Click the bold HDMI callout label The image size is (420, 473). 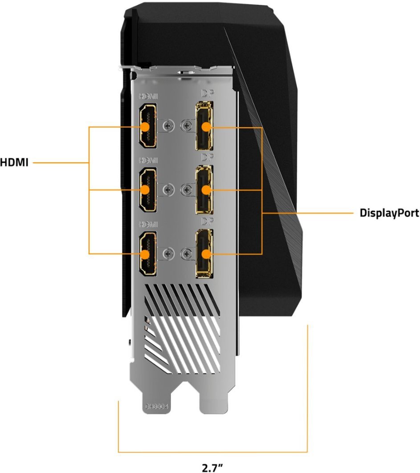pos(14,163)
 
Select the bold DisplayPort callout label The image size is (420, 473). pos(389,213)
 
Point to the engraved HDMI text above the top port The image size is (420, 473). pos(149,96)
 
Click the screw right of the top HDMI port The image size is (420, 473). pos(168,126)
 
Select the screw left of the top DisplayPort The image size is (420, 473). pos(184,126)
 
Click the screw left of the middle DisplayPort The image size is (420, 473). pos(184,190)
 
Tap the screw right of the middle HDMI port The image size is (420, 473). pos(168,190)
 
